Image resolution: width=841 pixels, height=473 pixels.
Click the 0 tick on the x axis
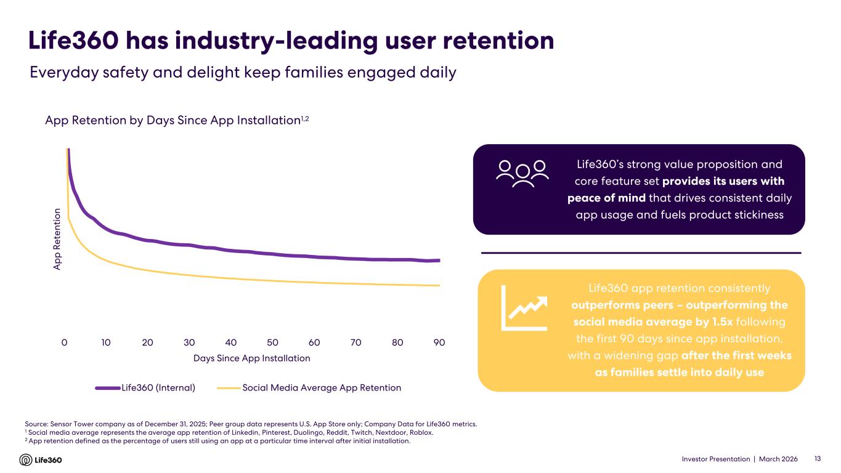(x=64, y=342)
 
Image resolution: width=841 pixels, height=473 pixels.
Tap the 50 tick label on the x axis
(x=272, y=342)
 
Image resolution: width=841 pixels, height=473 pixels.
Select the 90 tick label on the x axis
(x=439, y=342)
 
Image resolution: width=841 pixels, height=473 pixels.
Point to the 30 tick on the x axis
(x=189, y=342)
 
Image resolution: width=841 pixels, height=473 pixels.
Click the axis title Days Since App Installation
(x=251, y=358)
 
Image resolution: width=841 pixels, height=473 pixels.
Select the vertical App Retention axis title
(x=57, y=239)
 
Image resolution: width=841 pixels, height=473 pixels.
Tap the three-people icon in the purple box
(x=522, y=174)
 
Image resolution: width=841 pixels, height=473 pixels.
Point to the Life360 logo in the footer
(x=41, y=459)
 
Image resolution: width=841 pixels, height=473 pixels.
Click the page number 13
(x=818, y=459)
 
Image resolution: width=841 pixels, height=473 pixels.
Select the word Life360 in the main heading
(x=72, y=41)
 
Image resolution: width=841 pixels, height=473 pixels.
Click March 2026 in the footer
(x=778, y=459)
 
